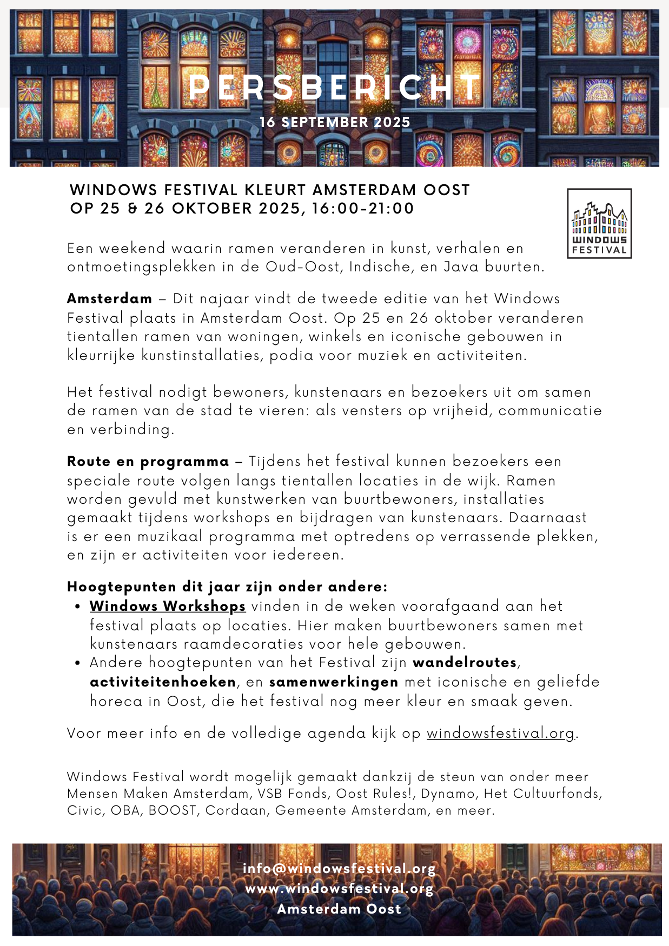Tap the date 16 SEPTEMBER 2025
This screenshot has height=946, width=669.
(x=335, y=122)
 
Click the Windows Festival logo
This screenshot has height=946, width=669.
(x=599, y=223)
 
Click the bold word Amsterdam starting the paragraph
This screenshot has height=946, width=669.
(x=110, y=299)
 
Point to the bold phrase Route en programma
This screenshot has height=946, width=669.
(x=148, y=462)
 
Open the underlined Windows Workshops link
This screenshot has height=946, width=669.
(x=168, y=607)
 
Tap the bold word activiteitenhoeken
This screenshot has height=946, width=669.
(x=163, y=682)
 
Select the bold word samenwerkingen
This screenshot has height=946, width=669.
(x=334, y=682)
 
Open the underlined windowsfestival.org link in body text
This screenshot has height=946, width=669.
(x=500, y=734)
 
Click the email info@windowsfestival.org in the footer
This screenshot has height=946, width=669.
(x=339, y=869)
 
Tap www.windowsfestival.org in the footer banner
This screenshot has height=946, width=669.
(x=339, y=889)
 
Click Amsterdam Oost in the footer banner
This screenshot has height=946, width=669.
(x=339, y=909)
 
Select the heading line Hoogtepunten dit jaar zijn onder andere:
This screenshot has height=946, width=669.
(x=227, y=587)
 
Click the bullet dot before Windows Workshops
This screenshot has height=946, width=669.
(x=78, y=607)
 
